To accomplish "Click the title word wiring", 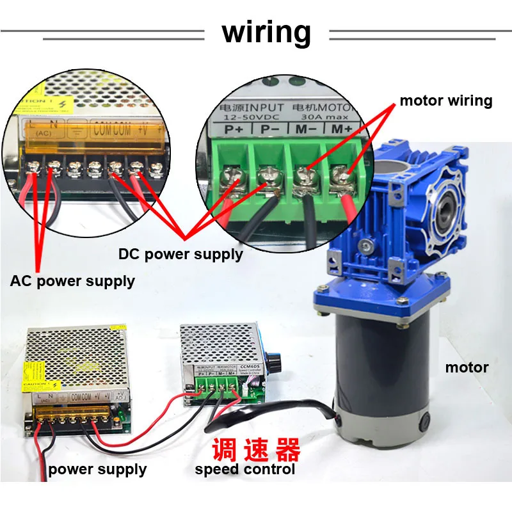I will tap(266, 32).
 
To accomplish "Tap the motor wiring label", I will tap(445, 100).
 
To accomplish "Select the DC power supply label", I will tap(180, 254).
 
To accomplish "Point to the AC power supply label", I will tap(72, 281).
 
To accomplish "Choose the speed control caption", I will tap(244, 469).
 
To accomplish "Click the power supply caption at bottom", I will tap(97, 470).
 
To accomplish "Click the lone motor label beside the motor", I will tap(467, 367).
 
